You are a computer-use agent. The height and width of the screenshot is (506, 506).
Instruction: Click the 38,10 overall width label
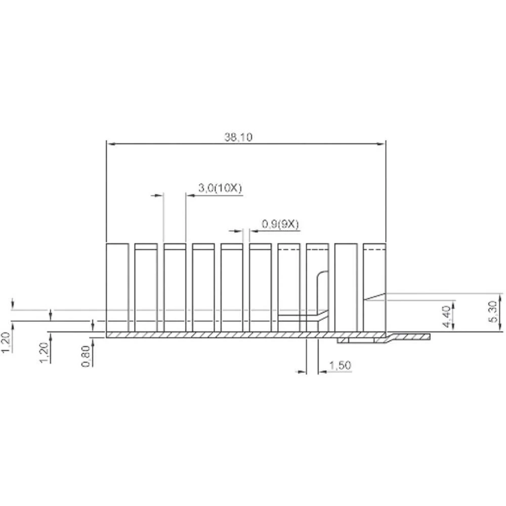point(238,137)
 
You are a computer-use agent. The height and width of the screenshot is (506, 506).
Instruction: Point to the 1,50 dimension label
point(340,365)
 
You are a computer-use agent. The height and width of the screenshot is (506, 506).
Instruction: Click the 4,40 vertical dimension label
point(446,317)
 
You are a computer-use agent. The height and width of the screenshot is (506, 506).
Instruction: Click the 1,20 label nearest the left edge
point(6,343)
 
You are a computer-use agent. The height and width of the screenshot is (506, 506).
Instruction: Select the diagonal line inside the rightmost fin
point(375,297)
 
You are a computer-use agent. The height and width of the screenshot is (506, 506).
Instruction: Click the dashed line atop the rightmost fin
point(374,250)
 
